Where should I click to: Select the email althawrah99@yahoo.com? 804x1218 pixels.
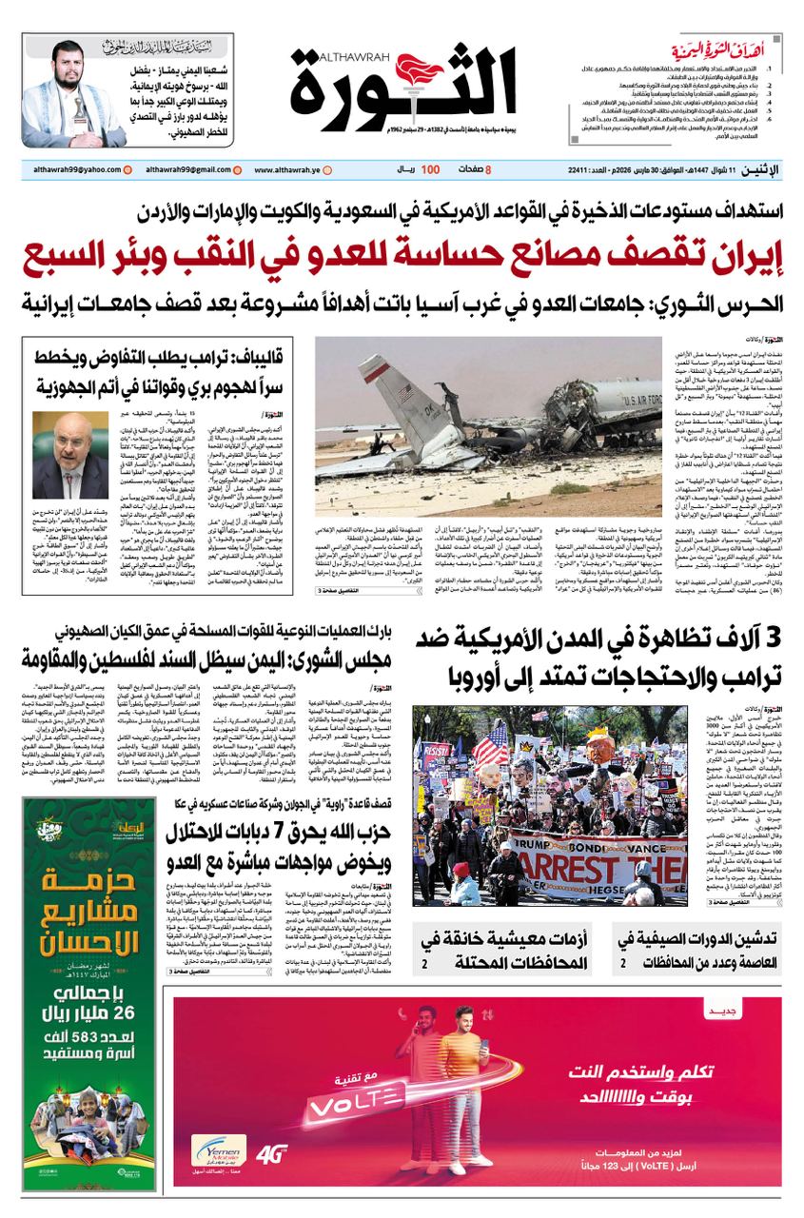coord(70,170)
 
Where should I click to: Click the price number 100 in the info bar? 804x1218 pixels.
coord(430,170)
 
